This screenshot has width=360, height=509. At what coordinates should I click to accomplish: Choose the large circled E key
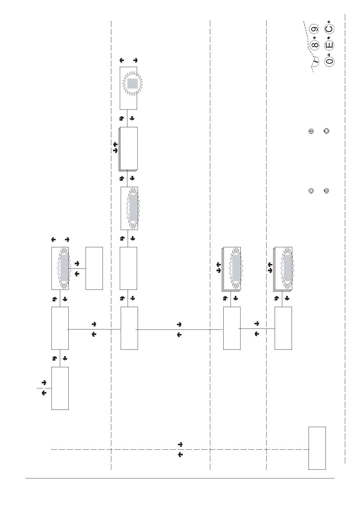pyautogui.click(x=329, y=45)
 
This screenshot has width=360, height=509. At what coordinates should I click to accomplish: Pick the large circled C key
pyautogui.click(x=329, y=29)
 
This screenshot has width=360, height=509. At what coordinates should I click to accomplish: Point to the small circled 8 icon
pyautogui.click(x=311, y=131)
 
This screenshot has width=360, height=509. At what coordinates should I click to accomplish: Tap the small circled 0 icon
pyautogui.click(x=311, y=191)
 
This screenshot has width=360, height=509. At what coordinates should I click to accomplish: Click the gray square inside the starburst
pyautogui.click(x=132, y=83)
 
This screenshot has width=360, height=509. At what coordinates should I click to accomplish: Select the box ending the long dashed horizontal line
pyautogui.click(x=317, y=448)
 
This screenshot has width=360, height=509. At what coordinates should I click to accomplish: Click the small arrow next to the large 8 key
pyautogui.click(x=315, y=37)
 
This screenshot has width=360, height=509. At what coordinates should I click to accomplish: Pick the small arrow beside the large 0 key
pyautogui.click(x=329, y=53)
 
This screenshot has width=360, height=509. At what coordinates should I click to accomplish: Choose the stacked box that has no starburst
pyautogui.click(x=128, y=148)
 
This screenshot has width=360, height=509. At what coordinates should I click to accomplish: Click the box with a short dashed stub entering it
pyautogui.click(x=60, y=388)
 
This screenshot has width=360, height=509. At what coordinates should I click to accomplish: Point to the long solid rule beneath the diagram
pyautogui.click(x=180, y=478)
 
